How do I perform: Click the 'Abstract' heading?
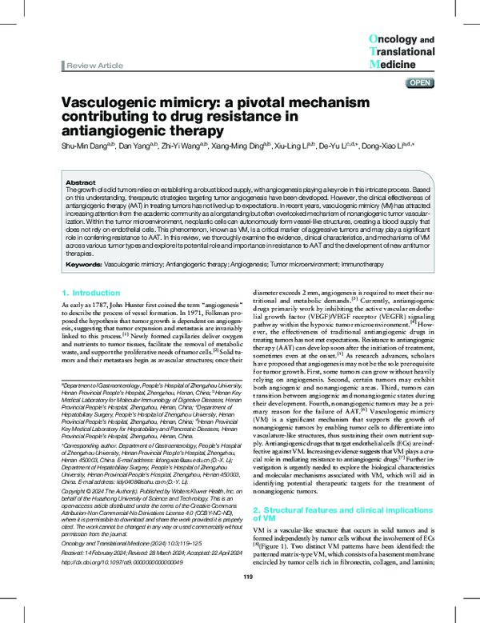[x=80, y=182]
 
